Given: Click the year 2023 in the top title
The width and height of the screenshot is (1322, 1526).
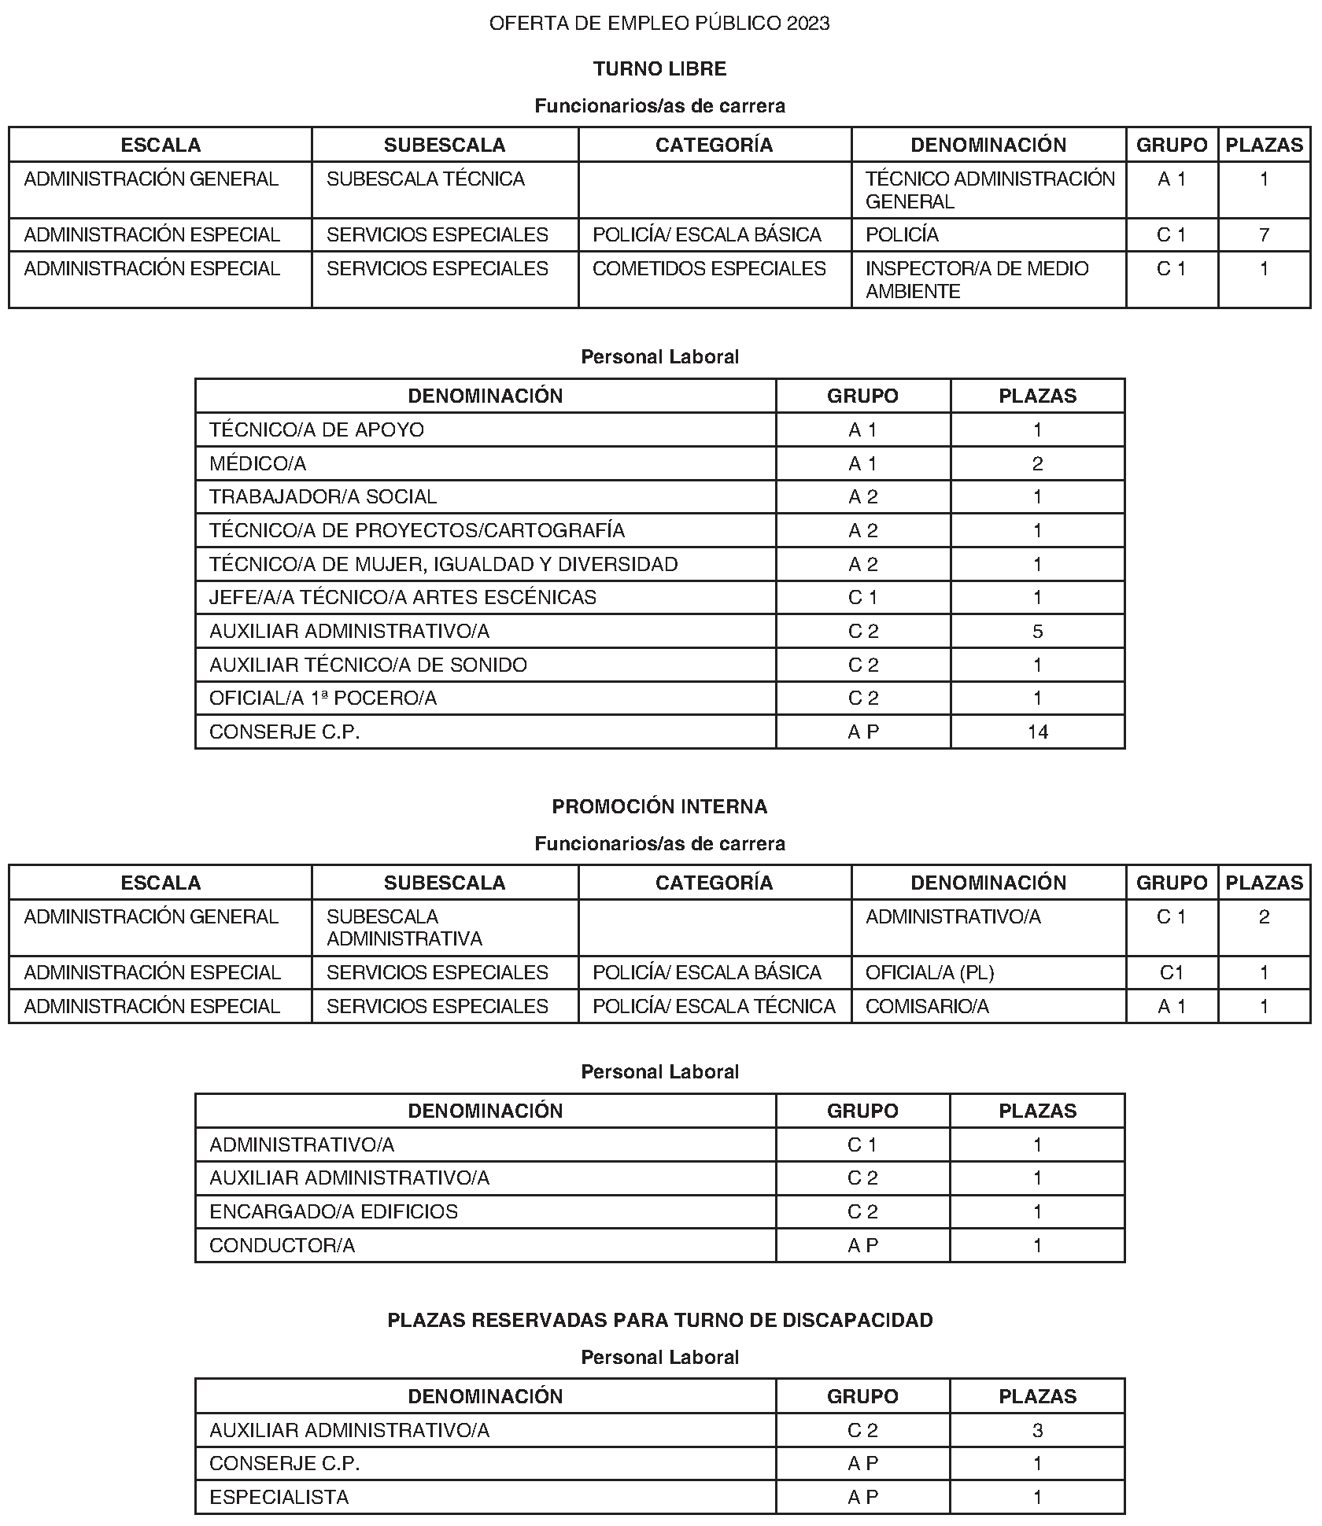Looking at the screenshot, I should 808,24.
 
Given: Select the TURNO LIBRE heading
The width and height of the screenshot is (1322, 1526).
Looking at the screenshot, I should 659,69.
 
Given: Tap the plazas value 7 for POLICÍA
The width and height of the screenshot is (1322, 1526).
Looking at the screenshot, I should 1264,234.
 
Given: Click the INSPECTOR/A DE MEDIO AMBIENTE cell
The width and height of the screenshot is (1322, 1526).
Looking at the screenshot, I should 977,279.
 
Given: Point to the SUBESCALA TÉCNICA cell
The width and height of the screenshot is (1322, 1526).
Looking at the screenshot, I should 426,179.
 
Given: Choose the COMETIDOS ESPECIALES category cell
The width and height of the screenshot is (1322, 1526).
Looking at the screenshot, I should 709,268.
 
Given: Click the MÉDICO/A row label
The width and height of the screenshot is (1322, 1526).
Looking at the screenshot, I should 257,463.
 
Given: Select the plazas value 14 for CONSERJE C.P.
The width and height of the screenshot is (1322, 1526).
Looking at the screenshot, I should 1037,732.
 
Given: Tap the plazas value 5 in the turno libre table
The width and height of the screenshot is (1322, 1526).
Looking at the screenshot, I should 1037,631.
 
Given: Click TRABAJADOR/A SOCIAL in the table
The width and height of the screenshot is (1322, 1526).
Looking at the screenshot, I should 323,496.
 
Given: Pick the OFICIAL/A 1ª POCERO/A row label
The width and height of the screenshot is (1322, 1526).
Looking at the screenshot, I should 323,698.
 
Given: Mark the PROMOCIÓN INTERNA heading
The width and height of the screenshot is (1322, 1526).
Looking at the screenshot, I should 659,806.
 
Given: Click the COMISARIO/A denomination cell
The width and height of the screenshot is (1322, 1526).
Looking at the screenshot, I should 927,1006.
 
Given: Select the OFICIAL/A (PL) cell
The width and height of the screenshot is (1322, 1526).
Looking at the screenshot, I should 929,972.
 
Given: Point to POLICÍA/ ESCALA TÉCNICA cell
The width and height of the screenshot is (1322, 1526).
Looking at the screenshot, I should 714,1006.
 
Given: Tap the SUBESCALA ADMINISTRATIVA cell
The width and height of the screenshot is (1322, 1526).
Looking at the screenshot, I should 404,927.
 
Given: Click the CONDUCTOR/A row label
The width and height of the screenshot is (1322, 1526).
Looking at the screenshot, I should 282,1245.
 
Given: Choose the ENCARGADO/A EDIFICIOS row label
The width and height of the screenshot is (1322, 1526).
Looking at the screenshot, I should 334,1211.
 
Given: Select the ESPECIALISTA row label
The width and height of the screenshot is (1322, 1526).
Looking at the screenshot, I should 279,1497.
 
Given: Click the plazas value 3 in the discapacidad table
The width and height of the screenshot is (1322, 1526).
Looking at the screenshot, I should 1037,1430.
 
